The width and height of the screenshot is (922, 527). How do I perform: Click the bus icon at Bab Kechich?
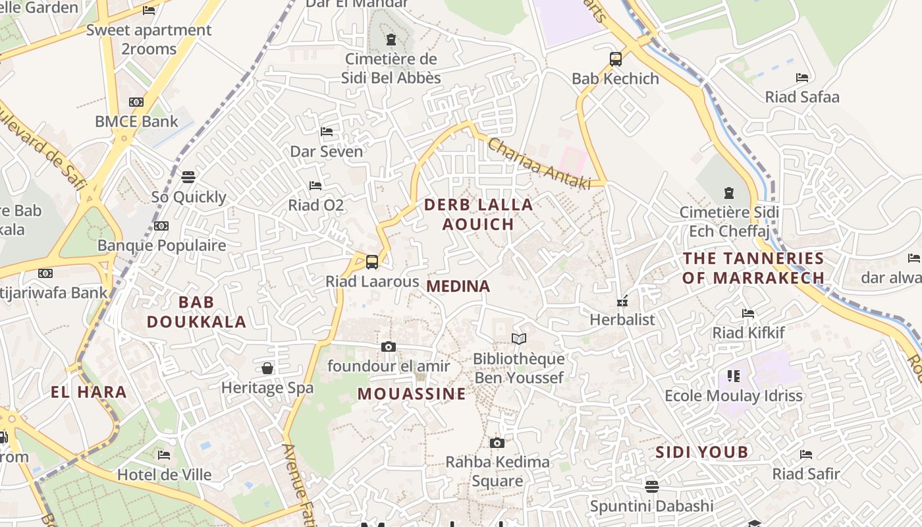click(616, 59)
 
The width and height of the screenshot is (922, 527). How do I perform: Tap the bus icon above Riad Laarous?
click(372, 262)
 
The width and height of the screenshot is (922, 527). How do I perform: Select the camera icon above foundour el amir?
click(389, 347)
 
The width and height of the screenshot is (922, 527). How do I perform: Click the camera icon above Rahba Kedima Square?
click(497, 443)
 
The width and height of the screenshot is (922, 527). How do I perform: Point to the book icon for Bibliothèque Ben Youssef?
click(519, 339)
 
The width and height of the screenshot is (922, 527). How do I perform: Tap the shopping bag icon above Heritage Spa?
click(267, 368)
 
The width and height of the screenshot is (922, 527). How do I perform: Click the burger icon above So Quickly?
click(188, 177)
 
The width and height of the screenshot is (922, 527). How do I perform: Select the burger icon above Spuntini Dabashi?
click(651, 486)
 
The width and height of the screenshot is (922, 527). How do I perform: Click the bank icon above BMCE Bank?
click(136, 102)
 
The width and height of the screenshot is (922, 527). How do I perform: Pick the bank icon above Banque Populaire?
click(161, 226)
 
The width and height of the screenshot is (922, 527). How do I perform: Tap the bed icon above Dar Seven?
click(327, 132)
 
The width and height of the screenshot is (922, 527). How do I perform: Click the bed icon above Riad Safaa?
click(801, 78)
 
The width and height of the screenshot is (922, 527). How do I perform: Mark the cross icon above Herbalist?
click(622, 301)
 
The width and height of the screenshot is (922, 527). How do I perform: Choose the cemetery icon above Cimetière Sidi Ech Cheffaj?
click(729, 193)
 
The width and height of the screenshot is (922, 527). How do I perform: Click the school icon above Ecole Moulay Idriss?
click(734, 376)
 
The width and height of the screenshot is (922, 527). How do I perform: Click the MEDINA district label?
click(458, 287)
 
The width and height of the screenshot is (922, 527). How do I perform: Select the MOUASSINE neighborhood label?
click(412, 394)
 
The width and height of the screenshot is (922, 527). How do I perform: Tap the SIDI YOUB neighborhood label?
click(701, 452)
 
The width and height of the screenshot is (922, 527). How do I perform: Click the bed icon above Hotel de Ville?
click(164, 455)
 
